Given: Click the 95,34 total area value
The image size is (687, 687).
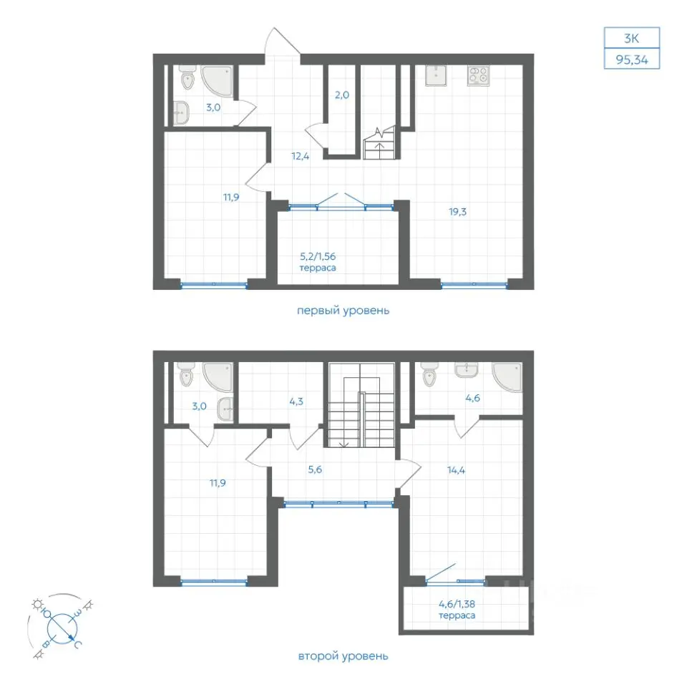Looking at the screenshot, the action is [631, 59].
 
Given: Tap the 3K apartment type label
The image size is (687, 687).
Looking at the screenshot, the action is [631, 38].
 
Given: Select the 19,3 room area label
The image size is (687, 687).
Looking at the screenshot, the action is [457, 212].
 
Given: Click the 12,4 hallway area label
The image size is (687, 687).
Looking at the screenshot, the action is [300, 156].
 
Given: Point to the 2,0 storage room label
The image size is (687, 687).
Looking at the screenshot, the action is [342, 95].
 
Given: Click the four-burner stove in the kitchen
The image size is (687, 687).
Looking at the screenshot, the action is [478, 75].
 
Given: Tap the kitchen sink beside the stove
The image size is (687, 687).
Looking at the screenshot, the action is [436, 75].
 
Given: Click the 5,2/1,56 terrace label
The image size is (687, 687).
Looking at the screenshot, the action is [318, 262].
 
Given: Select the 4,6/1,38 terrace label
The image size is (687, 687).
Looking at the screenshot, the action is [457, 610].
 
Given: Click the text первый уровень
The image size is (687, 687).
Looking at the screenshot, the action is [343, 311].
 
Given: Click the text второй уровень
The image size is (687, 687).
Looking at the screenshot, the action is [343, 656].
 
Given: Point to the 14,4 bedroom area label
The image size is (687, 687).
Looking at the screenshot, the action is [456, 471].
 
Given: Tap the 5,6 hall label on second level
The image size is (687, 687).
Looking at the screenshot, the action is [315, 469].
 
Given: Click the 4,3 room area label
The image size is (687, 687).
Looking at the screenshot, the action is [296, 401].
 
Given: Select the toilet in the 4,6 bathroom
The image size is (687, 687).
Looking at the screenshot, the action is [429, 374].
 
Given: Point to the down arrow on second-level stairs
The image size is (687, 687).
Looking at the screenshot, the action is [344, 443].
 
